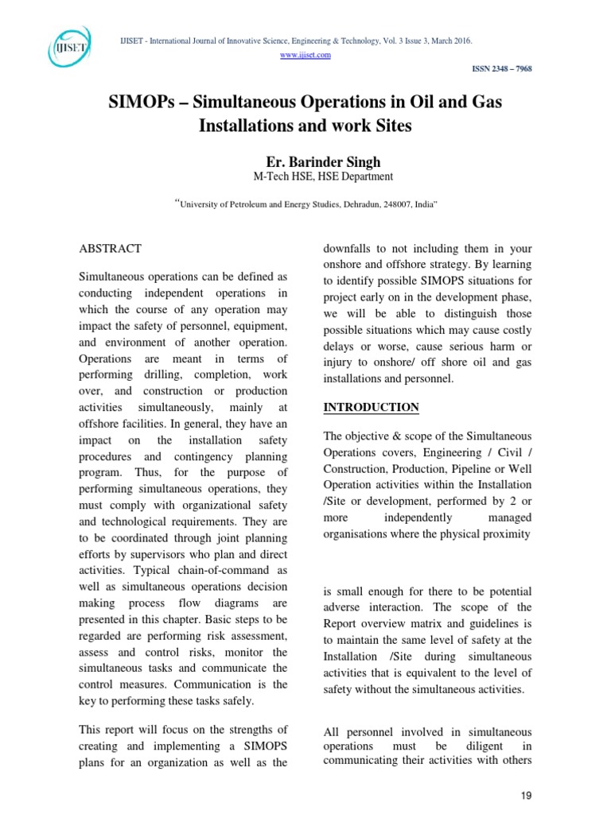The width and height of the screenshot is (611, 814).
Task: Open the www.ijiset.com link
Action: click(x=306, y=54)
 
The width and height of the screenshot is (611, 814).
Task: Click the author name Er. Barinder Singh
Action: click(x=306, y=162)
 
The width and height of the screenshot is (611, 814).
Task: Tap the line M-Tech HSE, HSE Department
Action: click(x=306, y=176)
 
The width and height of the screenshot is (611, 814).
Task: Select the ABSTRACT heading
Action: click(x=110, y=249)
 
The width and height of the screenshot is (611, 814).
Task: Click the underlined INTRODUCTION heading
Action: click(x=371, y=407)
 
